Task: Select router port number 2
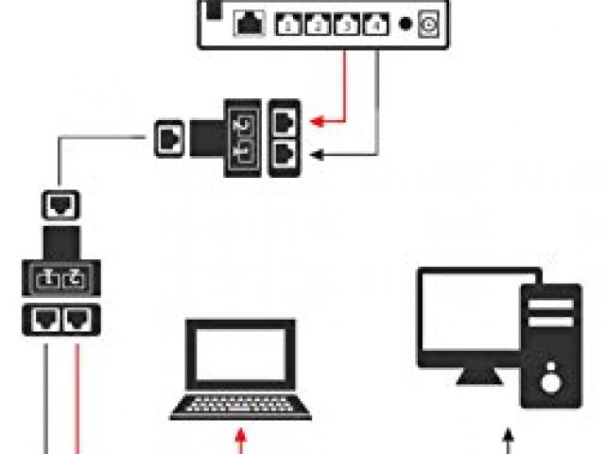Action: [x=318, y=26]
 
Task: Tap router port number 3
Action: [x=347, y=26]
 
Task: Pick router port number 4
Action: [x=377, y=26]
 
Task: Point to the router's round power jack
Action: [x=430, y=26]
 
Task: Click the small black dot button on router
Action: [x=405, y=26]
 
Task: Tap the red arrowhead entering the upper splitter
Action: [x=320, y=121]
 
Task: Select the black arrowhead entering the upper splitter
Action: [x=320, y=154]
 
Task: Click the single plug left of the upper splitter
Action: [x=167, y=138]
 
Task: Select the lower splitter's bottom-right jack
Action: [x=75, y=321]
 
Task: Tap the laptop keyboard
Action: [x=240, y=406]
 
